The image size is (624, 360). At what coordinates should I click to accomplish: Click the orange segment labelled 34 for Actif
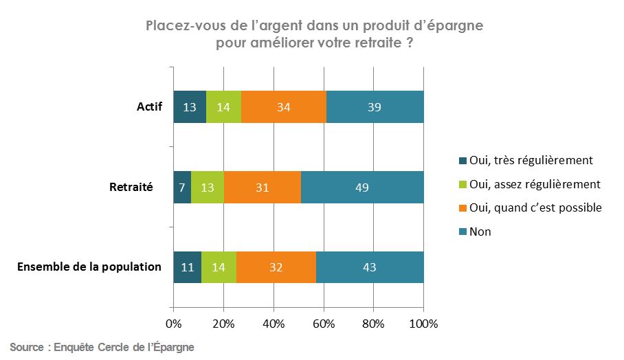coord(283,107)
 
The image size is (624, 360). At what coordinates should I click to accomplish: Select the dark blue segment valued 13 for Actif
coord(190,107)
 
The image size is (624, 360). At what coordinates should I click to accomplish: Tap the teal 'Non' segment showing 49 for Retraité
coord(362,187)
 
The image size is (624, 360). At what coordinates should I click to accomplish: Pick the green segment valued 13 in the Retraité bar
coord(208,187)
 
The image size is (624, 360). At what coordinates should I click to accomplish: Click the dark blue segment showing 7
coord(182,187)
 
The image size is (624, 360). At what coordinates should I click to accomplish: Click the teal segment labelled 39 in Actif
coord(375,107)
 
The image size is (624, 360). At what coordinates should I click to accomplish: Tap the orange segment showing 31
coord(263,187)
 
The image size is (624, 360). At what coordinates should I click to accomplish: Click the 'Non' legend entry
coord(480,232)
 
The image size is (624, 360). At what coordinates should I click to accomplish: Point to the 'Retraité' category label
coord(131,187)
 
